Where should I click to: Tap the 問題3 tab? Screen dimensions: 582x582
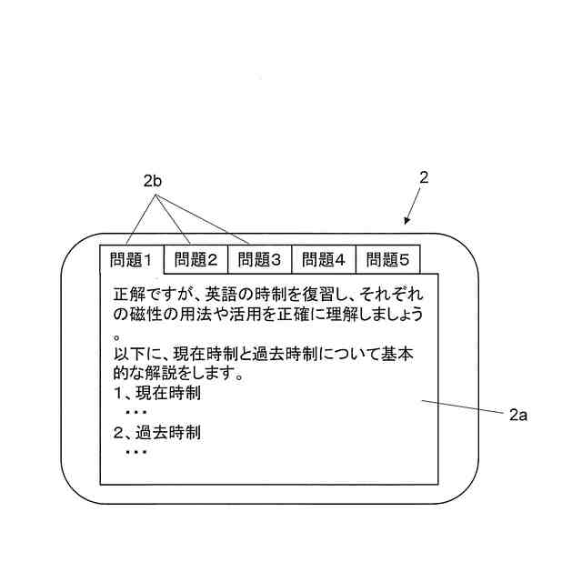pos(260,260)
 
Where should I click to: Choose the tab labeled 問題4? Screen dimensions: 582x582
pos(324,260)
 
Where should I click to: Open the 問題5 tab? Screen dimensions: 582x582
pos(388,260)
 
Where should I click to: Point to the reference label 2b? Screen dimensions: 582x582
pos(152,183)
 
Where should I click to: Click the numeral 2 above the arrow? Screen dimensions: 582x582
pos(424,178)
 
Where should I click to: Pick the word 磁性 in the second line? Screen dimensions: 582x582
pos(144,315)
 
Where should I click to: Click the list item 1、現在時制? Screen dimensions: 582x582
pos(156,394)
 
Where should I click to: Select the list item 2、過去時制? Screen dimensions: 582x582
pos(156,433)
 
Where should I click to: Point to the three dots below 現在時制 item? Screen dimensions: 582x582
pos(135,413)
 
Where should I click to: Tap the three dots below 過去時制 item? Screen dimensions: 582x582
pos(135,452)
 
